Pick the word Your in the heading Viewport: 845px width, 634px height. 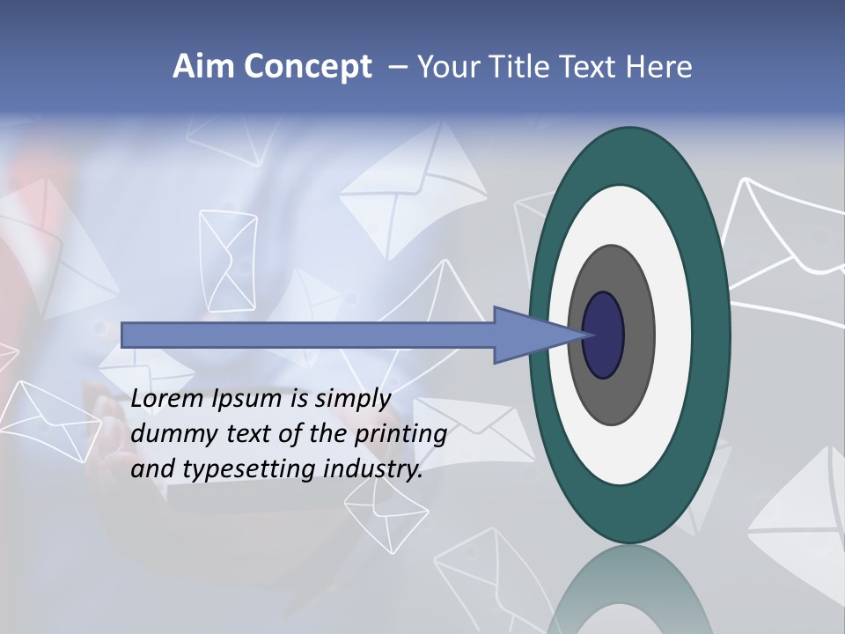447,67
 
